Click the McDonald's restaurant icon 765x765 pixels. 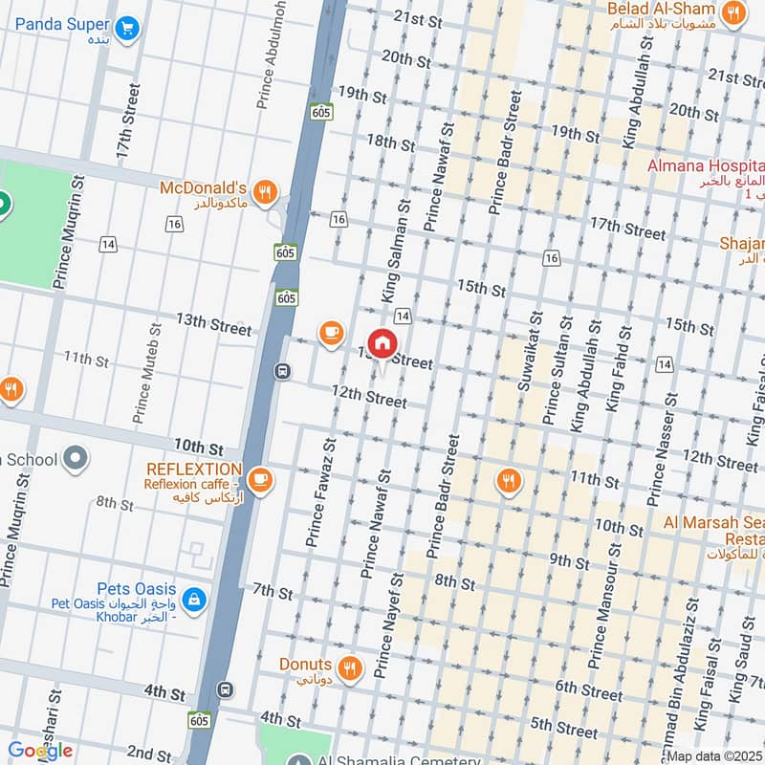tap(266, 190)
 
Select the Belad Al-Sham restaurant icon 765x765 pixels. tap(733, 12)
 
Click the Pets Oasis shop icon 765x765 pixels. tap(194, 599)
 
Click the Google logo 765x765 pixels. tap(40, 751)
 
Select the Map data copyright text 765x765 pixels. tap(715, 756)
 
